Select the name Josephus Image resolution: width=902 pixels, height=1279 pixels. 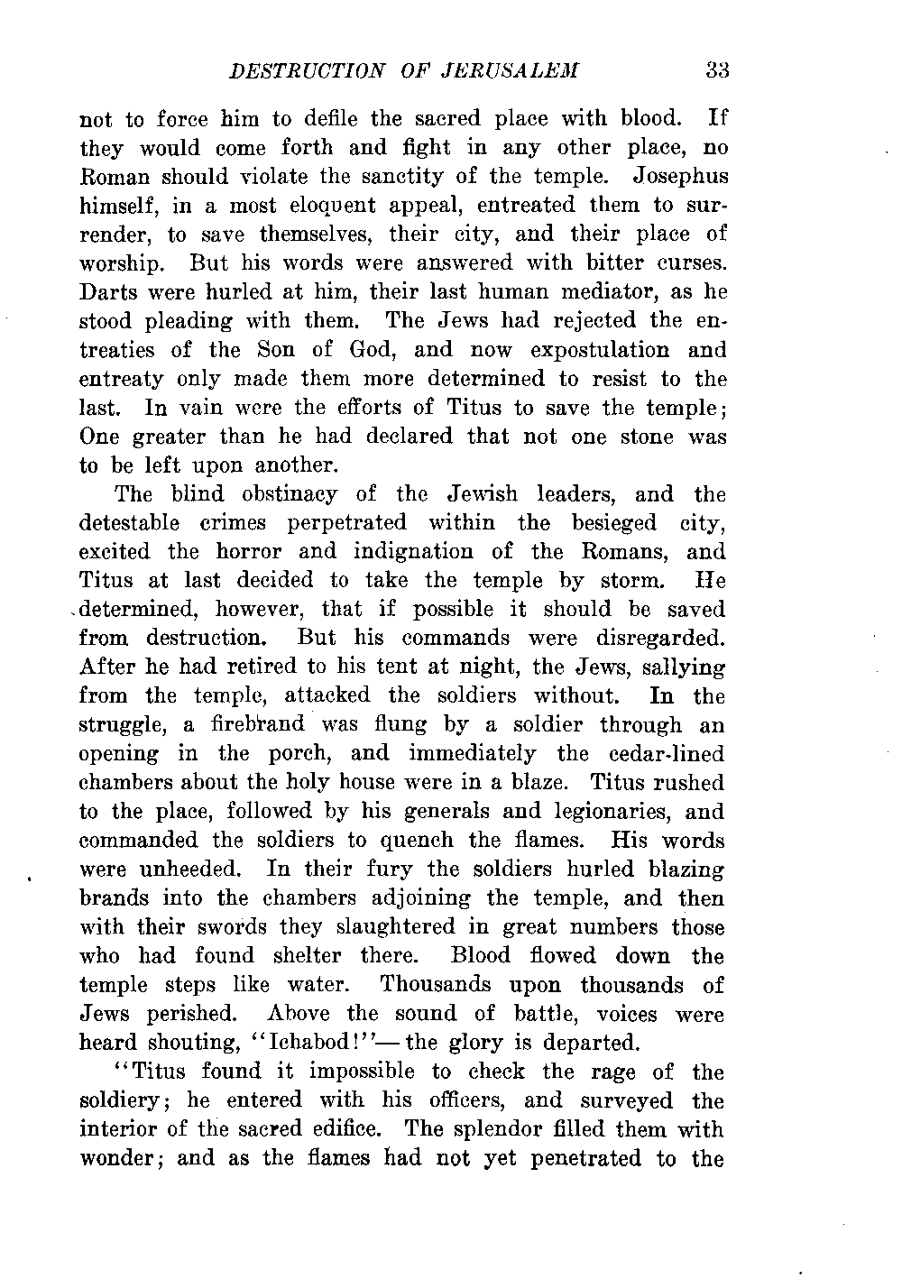tap(681, 176)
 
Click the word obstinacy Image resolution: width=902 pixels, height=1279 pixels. tap(288, 494)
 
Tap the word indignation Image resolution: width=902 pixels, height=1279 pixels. tap(414, 552)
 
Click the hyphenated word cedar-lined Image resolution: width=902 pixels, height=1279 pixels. tap(666, 754)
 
